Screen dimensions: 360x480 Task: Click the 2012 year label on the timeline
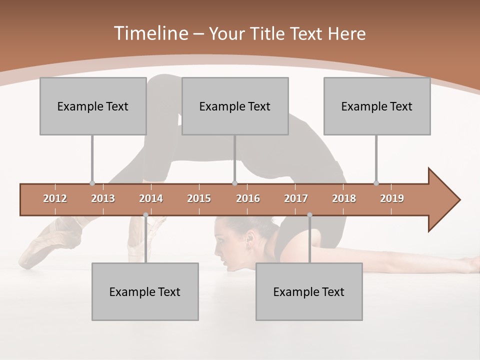point(55,198)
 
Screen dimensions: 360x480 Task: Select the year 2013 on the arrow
point(103,198)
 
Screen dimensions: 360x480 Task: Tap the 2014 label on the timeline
point(151,198)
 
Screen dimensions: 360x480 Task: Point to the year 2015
point(199,198)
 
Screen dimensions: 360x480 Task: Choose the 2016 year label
point(248,198)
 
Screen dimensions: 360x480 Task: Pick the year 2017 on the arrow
point(296,198)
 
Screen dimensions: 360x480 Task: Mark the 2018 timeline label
point(344,198)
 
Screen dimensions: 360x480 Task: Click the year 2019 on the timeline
point(392,198)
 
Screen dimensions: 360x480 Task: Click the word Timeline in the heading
point(150,33)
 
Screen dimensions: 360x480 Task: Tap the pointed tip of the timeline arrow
point(459,200)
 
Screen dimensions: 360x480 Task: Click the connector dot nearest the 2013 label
point(92,183)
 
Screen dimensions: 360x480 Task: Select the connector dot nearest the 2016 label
point(234,183)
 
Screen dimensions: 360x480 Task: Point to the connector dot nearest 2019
point(376,183)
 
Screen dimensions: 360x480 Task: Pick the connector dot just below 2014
point(145,215)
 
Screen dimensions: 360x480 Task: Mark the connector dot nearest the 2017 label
point(309,215)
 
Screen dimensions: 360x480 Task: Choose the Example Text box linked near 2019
point(377,106)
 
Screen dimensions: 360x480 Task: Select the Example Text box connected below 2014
point(145,291)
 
